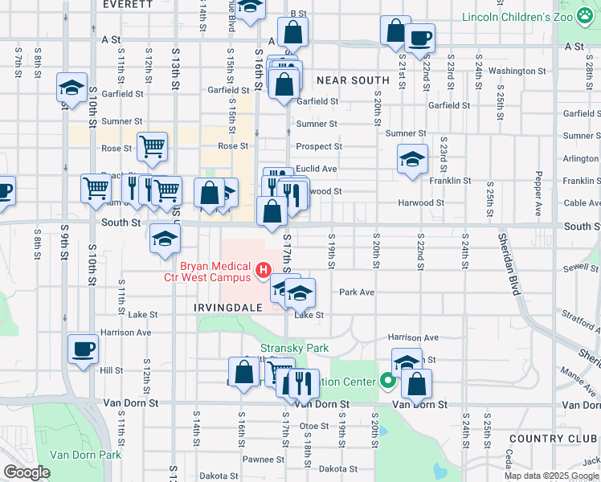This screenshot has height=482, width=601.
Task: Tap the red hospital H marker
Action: (x=263, y=272)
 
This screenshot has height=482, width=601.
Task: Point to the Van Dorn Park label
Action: (x=85, y=455)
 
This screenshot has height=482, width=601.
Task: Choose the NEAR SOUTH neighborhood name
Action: (x=353, y=80)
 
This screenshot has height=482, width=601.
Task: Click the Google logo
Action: (x=27, y=472)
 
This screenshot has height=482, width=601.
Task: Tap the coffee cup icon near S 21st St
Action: (x=419, y=37)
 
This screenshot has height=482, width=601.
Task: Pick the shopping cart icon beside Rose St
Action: (x=152, y=146)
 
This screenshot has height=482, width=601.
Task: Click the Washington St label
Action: (x=517, y=71)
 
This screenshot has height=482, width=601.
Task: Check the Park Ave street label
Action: (x=358, y=292)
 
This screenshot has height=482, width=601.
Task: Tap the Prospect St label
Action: (x=319, y=146)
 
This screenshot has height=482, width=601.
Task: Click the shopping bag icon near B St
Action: (x=293, y=31)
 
